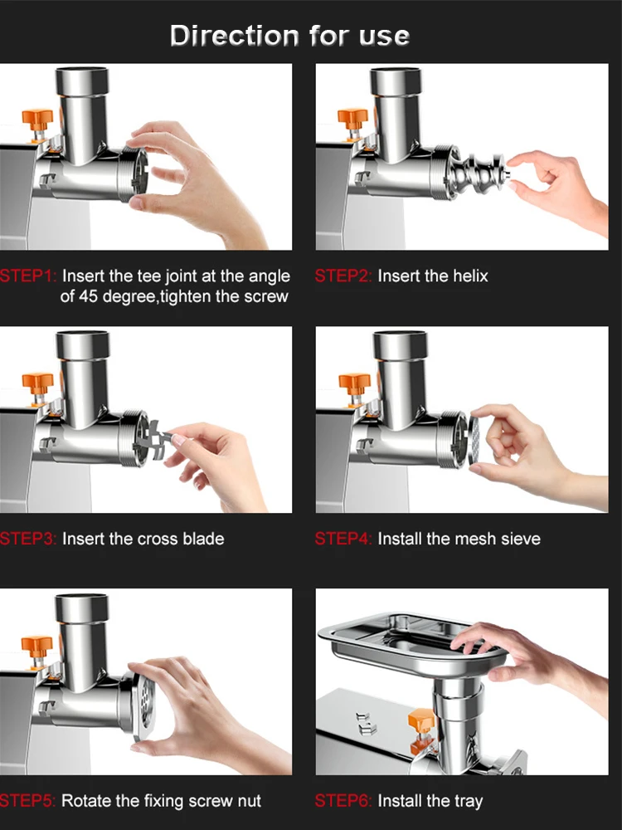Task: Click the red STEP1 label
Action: coord(27,276)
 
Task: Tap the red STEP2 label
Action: coord(343,276)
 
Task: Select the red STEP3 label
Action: coord(27,539)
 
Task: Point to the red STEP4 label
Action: coord(343,539)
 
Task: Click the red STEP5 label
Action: coord(27,800)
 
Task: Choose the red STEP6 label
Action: coord(343,800)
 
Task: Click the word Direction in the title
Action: coord(235,36)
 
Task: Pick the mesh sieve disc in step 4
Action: coord(474,442)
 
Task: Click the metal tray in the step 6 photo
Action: coord(412,642)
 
